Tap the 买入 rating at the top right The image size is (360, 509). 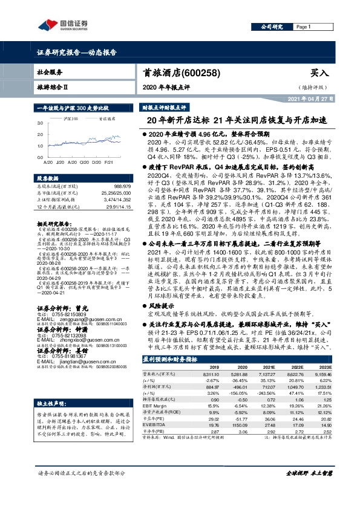click(x=319, y=73)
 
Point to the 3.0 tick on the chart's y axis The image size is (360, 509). click(x=41, y=123)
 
